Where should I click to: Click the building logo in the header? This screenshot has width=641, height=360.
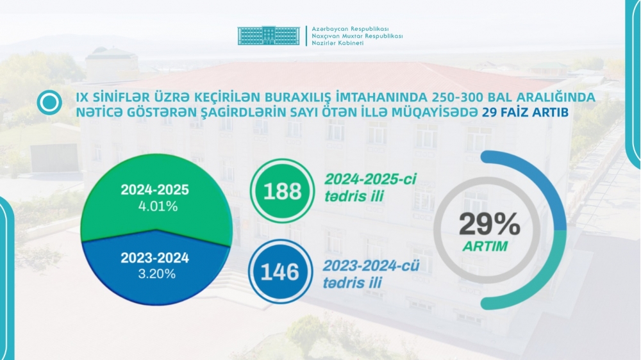269,35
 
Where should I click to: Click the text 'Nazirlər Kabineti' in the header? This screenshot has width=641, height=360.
337,43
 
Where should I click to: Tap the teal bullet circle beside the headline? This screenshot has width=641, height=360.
49,102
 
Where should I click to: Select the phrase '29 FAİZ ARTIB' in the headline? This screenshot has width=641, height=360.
525,112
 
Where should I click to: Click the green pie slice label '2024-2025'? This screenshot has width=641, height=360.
155,190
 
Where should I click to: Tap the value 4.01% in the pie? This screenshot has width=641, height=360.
158,206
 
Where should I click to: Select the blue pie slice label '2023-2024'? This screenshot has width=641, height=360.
155,258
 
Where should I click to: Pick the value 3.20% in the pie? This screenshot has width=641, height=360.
157,274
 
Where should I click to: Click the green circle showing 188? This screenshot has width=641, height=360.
282,191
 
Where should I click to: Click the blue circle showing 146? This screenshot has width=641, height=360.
280,272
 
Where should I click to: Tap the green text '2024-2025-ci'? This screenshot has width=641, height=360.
370,179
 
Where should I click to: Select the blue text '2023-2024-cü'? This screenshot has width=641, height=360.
371,266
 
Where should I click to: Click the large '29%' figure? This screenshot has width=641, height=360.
489,224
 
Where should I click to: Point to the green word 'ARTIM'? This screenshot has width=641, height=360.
485,247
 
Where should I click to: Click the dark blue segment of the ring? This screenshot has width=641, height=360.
548,179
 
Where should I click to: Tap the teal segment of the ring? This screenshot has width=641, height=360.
550,279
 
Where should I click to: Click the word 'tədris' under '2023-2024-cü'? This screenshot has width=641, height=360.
342,282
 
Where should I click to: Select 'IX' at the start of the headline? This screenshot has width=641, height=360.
82,97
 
